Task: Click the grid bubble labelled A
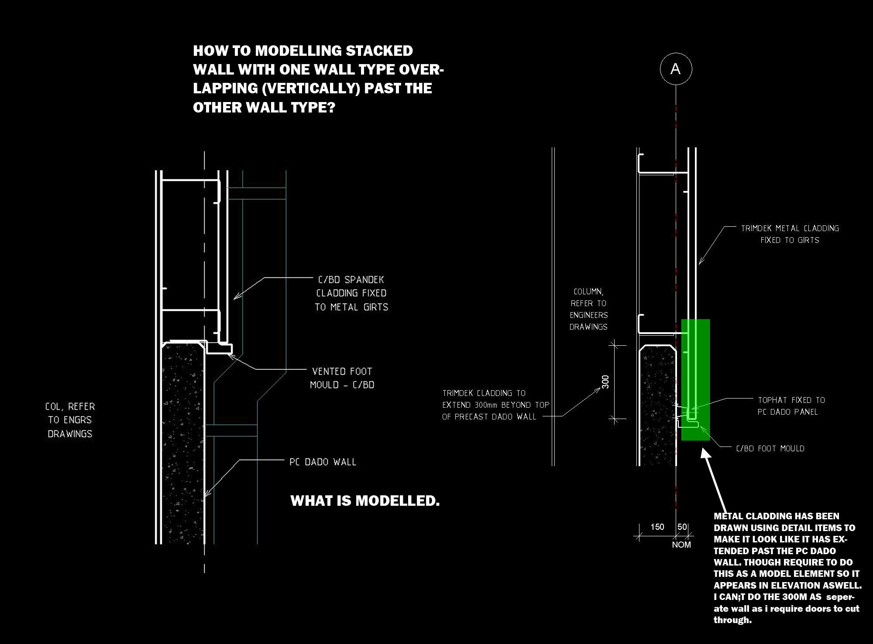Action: pos(676,69)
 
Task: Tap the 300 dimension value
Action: pos(605,382)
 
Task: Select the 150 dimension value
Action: pos(657,527)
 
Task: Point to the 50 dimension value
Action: pos(682,527)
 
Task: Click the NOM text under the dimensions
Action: pos(681,545)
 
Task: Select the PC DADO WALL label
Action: pos(323,462)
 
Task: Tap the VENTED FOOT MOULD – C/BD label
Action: pos(342,378)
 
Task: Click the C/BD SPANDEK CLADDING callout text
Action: pos(351,293)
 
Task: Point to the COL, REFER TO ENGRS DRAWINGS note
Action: pos(70,420)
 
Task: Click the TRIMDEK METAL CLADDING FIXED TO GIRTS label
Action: pos(790,234)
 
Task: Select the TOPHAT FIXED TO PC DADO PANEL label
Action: pos(791,406)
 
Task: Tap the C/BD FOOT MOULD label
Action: pos(770,449)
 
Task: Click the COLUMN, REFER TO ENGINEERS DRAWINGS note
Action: pos(588,309)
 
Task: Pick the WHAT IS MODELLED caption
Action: pos(365,501)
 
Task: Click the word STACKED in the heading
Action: pos(379,51)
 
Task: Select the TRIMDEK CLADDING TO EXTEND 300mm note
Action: pos(495,405)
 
